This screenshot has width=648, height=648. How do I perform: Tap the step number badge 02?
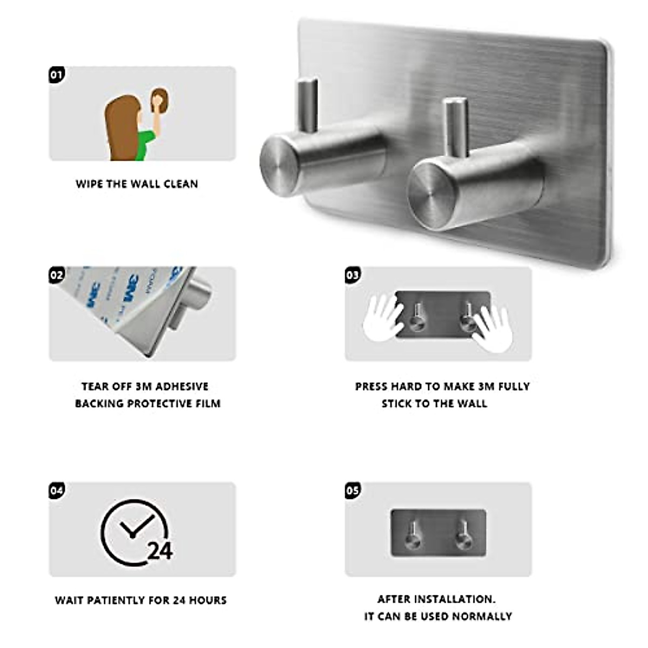pos(57,275)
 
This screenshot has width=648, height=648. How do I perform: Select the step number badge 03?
pos(352,275)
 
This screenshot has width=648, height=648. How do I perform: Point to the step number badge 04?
pos(57,490)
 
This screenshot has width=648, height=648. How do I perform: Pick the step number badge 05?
pos(352,490)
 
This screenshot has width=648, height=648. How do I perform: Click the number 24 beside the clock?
pos(160,551)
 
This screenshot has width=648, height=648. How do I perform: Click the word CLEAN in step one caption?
pos(180,184)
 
